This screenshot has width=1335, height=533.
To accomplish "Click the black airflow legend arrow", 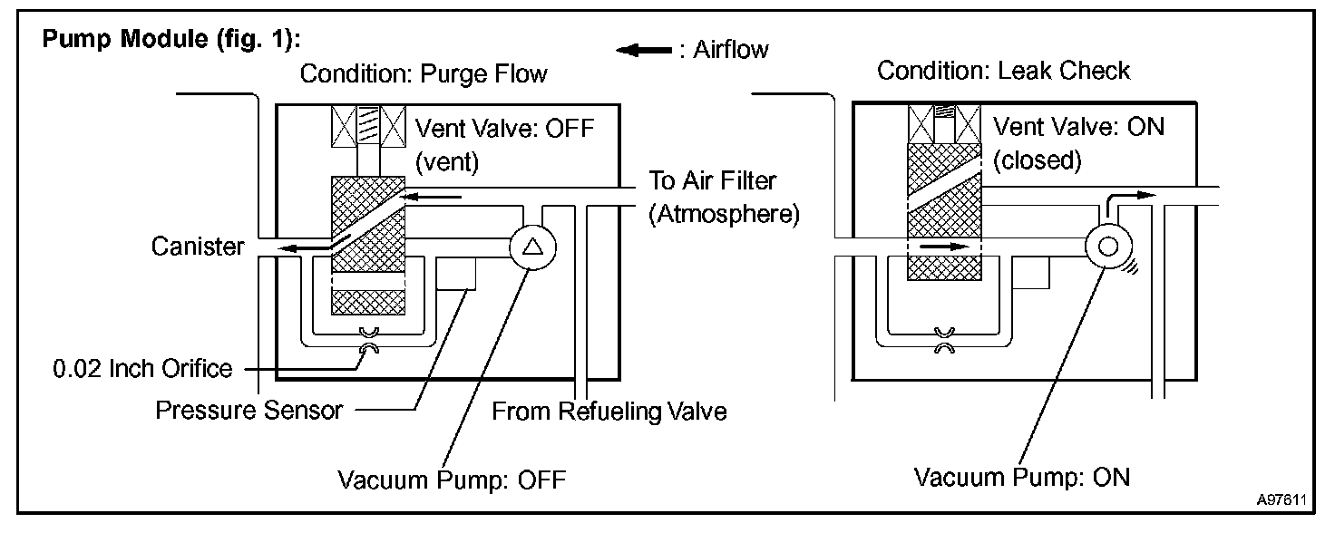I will [x=642, y=50].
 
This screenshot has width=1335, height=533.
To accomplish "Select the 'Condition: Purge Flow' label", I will [x=424, y=73].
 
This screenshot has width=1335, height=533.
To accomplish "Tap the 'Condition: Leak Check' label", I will [x=1003, y=71].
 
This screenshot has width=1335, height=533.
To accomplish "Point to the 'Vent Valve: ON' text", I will [x=1078, y=126].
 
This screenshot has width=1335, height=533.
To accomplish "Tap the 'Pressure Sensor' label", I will [x=249, y=411].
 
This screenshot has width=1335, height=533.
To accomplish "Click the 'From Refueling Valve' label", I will [x=609, y=412].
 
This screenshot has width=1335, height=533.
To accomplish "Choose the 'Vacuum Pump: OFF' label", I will [x=451, y=479].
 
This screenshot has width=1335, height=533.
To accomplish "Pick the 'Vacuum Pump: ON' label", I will [x=1022, y=476].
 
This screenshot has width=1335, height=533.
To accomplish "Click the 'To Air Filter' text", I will [x=712, y=180].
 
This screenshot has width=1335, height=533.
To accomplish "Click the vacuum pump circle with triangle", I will [x=530, y=246].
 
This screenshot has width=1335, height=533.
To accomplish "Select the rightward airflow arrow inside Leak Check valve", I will [x=942, y=245].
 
